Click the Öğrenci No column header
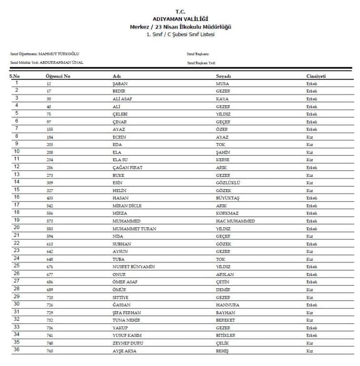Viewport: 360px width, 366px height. [x=58, y=76]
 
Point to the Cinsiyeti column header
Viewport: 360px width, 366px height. [x=316, y=76]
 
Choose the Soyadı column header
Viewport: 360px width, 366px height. [x=223, y=76]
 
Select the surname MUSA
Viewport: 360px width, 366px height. [x=222, y=84]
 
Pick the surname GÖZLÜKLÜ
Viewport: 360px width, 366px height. [x=228, y=183]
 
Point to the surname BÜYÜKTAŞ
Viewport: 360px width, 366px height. [x=228, y=198]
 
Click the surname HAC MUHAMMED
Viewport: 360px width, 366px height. [x=235, y=221]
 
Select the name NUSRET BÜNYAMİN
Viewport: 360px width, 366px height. [x=134, y=267]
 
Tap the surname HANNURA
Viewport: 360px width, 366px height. [x=228, y=305]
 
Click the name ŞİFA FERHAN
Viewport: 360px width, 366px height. [x=127, y=313]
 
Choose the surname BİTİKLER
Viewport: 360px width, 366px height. [x=226, y=335]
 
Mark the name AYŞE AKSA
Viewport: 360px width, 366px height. [x=124, y=351]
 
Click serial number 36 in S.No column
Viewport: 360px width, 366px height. [x=17, y=350]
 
